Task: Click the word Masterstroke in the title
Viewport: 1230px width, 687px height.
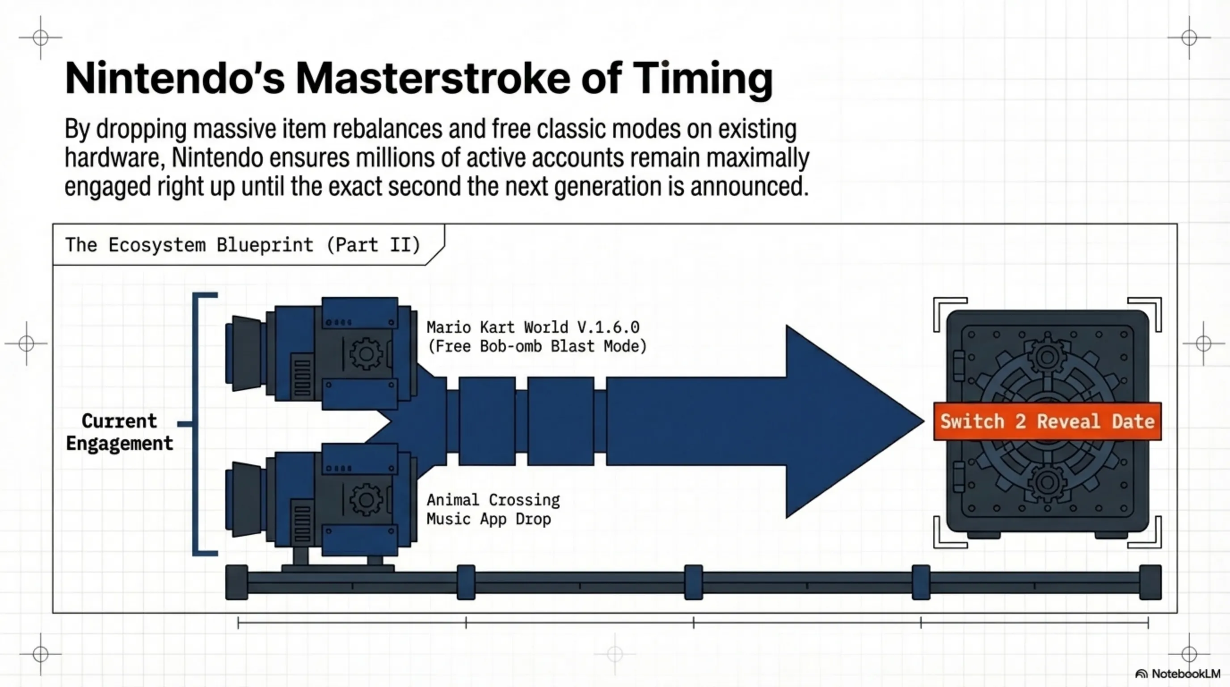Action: [433, 78]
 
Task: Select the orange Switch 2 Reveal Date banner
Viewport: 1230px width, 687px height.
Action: [1047, 421]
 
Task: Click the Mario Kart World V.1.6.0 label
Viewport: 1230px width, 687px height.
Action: [533, 328]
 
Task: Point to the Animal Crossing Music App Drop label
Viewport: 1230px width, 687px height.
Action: [493, 509]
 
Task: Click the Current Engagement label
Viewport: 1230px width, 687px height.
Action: [119, 432]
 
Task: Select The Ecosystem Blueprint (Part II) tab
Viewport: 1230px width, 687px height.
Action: [243, 245]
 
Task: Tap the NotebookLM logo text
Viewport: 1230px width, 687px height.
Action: [1186, 674]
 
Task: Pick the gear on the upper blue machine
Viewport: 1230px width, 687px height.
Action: [366, 354]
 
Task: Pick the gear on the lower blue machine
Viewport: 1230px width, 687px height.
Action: [366, 500]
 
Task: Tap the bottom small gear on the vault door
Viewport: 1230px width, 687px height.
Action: [1047, 483]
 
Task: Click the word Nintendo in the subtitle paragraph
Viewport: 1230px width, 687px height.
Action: [217, 157]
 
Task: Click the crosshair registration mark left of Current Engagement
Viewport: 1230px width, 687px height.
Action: [26, 343]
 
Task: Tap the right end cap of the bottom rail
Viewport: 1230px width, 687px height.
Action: [1150, 582]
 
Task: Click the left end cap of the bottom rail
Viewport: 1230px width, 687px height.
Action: [236, 582]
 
